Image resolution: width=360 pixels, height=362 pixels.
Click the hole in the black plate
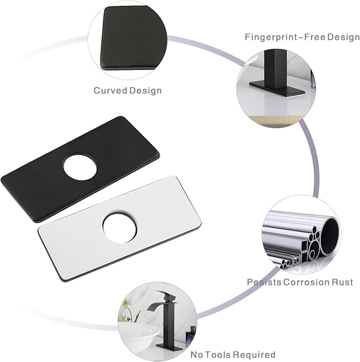click(x=80, y=166)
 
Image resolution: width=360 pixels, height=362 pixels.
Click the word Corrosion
click(x=306, y=282)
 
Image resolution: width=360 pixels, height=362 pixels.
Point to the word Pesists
click(x=264, y=282)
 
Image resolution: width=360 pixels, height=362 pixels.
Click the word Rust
click(x=343, y=282)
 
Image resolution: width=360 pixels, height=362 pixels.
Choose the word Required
click(x=254, y=355)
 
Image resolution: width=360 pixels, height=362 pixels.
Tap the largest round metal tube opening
click(x=330, y=236)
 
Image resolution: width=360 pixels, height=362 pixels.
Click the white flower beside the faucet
click(x=127, y=303)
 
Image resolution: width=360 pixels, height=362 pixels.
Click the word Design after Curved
click(x=145, y=90)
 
